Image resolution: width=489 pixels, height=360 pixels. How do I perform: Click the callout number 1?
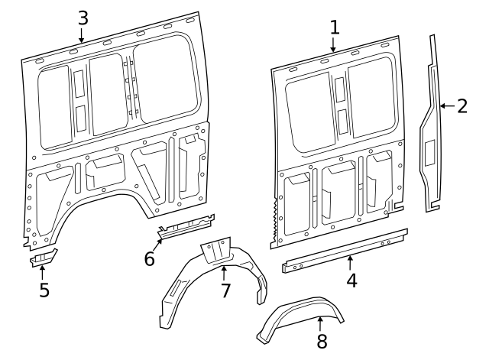334,27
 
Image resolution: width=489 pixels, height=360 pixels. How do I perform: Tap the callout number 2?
461,105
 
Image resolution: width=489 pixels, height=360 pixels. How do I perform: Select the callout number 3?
83,16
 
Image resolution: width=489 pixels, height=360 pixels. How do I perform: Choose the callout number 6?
150,258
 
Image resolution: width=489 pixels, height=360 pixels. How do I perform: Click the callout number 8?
322,342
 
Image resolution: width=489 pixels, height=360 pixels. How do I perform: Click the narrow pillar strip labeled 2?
433,122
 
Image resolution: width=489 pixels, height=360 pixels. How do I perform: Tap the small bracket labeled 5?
44,256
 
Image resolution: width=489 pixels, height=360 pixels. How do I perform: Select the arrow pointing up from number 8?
321,323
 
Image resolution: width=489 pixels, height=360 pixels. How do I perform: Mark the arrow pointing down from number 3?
82,34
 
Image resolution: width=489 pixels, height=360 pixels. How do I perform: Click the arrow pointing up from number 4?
350,262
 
